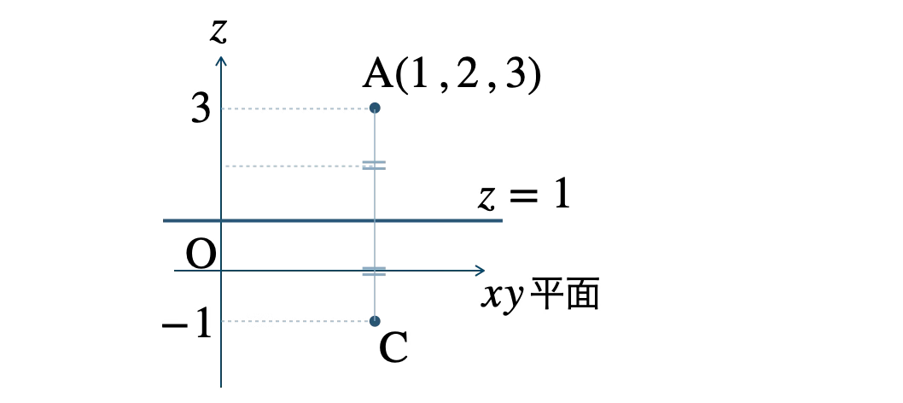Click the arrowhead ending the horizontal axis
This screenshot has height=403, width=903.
482,271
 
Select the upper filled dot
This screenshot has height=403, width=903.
375,108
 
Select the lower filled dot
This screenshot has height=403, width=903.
375,321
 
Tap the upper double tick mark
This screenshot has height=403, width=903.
374,165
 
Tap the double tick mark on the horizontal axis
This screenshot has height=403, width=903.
374,272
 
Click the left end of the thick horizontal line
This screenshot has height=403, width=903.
165,220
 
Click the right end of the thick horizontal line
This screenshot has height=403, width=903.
501,220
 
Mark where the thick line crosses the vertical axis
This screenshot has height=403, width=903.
221,220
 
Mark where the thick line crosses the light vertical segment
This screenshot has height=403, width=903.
375,220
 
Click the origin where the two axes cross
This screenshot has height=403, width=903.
221,271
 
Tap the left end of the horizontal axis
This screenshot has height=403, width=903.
175,271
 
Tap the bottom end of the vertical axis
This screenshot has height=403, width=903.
221,386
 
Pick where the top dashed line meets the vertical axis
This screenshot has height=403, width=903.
221,108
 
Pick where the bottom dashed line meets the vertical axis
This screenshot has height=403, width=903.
221,321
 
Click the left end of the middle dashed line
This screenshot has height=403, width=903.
226,166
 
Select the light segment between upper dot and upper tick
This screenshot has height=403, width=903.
375,137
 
